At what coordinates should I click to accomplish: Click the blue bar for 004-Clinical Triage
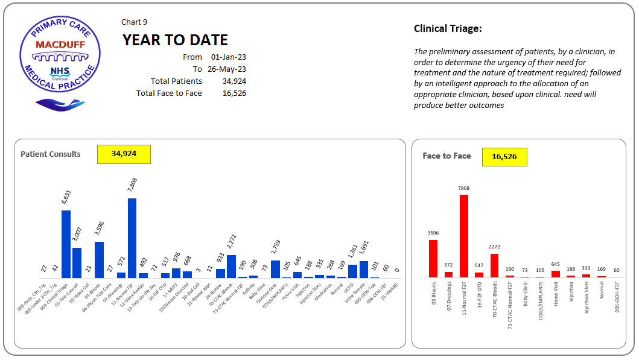(x=66, y=244)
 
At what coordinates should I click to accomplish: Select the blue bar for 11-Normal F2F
(x=132, y=238)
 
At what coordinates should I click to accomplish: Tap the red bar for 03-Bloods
(x=433, y=258)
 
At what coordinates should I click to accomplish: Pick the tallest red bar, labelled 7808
(x=463, y=235)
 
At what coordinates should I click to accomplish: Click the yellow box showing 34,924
(x=124, y=154)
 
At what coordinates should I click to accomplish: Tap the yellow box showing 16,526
(x=504, y=157)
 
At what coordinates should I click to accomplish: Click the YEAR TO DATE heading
(x=175, y=40)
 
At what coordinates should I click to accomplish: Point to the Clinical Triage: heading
(x=447, y=29)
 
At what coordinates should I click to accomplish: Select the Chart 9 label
(x=134, y=22)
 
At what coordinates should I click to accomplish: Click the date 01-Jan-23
(x=229, y=57)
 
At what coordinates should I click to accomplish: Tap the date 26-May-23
(x=227, y=69)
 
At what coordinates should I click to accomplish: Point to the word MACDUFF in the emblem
(x=60, y=45)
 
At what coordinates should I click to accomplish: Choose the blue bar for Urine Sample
(x=364, y=269)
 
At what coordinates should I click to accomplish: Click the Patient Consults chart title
(x=51, y=154)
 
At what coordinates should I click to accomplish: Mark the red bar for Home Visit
(x=556, y=274)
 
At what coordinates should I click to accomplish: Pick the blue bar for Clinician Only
(x=275, y=268)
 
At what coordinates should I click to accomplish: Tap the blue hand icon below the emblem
(x=60, y=104)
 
